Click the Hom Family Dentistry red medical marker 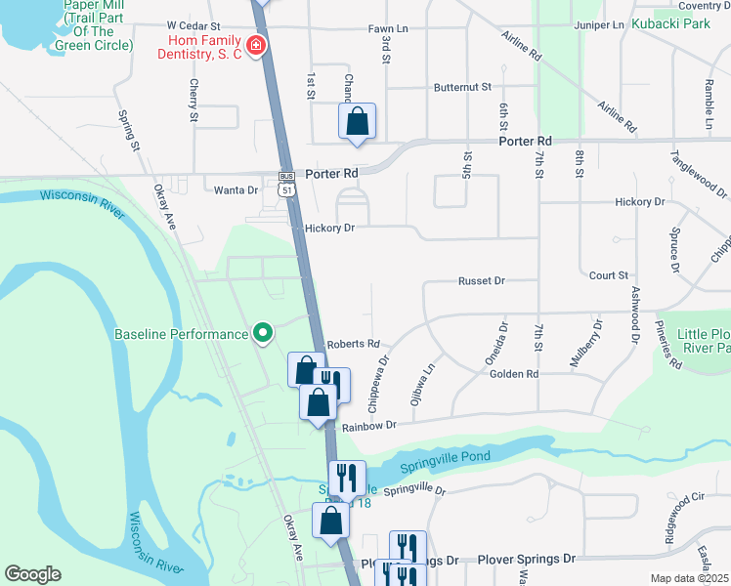pyautogui.click(x=256, y=46)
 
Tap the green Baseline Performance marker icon pyautogui.click(x=263, y=334)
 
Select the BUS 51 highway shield pyautogui.click(x=286, y=184)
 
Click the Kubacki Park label pyautogui.click(x=670, y=23)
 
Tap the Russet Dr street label pyautogui.click(x=481, y=280)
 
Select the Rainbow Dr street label pyautogui.click(x=366, y=425)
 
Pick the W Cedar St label pyautogui.click(x=193, y=25)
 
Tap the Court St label pyautogui.click(x=608, y=276)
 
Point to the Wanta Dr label pyautogui.click(x=238, y=190)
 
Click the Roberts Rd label pyautogui.click(x=352, y=344)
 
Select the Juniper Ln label pyautogui.click(x=599, y=24)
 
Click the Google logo pyautogui.click(x=32, y=574)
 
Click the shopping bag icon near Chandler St pyautogui.click(x=358, y=122)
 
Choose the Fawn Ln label pyautogui.click(x=387, y=29)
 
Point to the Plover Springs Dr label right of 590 pyautogui.click(x=527, y=560)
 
